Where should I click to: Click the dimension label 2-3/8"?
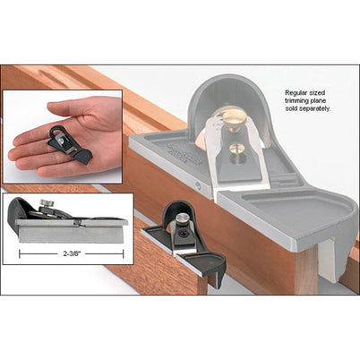click(69, 253)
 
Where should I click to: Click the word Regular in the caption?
click(298, 92)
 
